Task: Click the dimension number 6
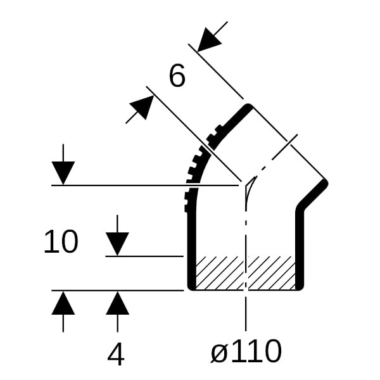pyautogui.click(x=177, y=75)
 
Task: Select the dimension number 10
pyautogui.click(x=61, y=242)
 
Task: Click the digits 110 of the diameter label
pyautogui.click(x=256, y=351)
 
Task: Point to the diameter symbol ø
pyautogui.click(x=219, y=353)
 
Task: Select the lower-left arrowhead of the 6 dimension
pyautogui.click(x=142, y=108)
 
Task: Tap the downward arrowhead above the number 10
pyautogui.click(x=63, y=173)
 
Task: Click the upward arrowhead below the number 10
pyautogui.click(x=63, y=303)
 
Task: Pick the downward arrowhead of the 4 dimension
pyautogui.click(x=117, y=244)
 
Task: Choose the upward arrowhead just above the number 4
pyautogui.click(x=117, y=303)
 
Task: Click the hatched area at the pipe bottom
pyautogui.click(x=245, y=273)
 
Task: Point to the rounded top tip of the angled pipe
pyautogui.click(x=248, y=107)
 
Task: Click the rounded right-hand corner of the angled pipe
pyautogui.click(x=325, y=182)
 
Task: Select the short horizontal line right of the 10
pyautogui.click(x=144, y=256)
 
